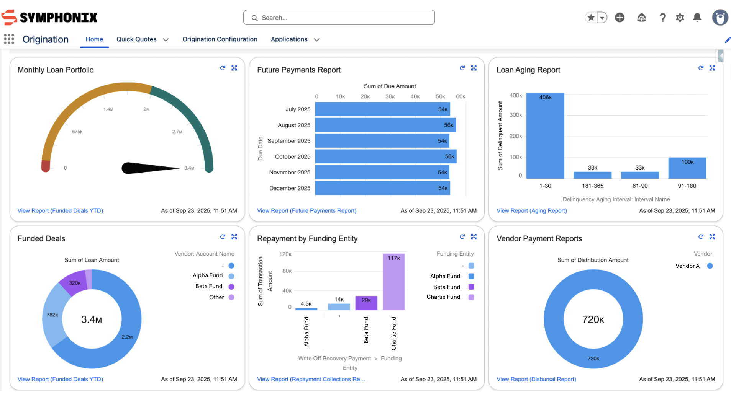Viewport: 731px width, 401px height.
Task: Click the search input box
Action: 339,18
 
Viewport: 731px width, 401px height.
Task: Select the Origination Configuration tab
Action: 220,39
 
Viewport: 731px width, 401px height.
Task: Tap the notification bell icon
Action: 697,18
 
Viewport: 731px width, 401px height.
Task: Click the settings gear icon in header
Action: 680,18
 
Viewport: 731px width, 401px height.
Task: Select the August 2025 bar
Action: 385,125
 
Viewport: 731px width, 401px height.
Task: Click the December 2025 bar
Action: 382,188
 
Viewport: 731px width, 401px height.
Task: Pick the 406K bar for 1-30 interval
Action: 545,136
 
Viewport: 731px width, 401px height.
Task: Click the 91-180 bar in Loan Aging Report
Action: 687,168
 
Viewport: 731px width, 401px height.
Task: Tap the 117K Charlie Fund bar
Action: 393,282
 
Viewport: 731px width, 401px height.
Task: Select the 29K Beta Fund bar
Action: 366,303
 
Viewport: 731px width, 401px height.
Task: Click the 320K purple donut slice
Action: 74,283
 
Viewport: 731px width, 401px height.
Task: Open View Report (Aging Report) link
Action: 531,211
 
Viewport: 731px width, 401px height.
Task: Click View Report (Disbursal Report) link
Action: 536,379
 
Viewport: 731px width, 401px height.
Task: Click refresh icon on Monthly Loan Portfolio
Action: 223,68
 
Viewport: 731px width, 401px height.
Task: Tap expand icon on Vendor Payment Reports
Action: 712,237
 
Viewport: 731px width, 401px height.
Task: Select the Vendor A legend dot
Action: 710,266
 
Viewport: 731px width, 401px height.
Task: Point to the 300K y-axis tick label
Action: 515,115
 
